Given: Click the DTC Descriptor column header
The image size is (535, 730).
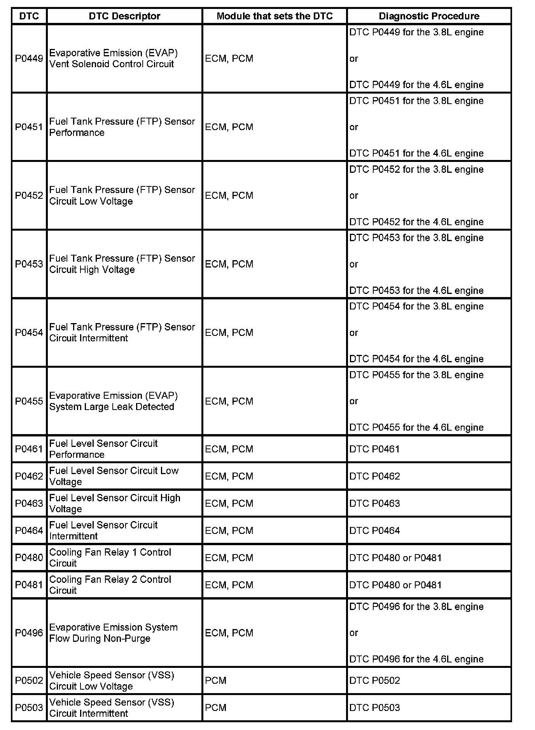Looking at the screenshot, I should [124, 16].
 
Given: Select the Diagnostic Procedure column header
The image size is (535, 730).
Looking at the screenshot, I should [429, 16].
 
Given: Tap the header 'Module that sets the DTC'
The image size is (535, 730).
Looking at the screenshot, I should [274, 16].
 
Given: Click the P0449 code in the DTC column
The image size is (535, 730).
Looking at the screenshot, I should [29, 59].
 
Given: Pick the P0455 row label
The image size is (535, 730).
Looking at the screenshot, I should [29, 401].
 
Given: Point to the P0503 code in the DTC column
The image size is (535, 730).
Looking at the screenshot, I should [29, 707].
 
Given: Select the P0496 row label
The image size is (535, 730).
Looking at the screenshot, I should [29, 633].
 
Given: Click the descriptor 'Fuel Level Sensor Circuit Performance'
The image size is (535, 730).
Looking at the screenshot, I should [103, 449].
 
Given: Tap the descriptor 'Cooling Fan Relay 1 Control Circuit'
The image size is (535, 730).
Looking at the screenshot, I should [110, 558].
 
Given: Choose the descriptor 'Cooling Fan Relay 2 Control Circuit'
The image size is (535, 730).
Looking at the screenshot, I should [110, 585].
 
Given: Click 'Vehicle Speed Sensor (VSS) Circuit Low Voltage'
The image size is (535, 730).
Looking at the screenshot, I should [112, 680].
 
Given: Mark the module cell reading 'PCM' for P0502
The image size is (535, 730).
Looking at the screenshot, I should [216, 680].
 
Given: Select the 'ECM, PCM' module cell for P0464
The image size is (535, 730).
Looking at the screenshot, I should [229, 530].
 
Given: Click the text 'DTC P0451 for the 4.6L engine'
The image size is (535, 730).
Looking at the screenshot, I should [416, 153].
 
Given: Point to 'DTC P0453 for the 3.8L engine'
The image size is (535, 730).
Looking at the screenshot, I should [416, 238].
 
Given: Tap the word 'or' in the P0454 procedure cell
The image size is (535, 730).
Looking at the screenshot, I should [354, 333].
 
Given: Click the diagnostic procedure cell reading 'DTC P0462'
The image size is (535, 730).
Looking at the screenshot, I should [374, 476].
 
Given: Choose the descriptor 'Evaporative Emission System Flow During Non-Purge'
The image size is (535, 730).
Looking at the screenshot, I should [113, 633].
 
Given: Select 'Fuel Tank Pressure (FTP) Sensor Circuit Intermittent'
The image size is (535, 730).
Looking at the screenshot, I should [122, 332].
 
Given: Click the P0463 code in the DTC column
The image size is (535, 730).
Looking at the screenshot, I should [29, 503].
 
